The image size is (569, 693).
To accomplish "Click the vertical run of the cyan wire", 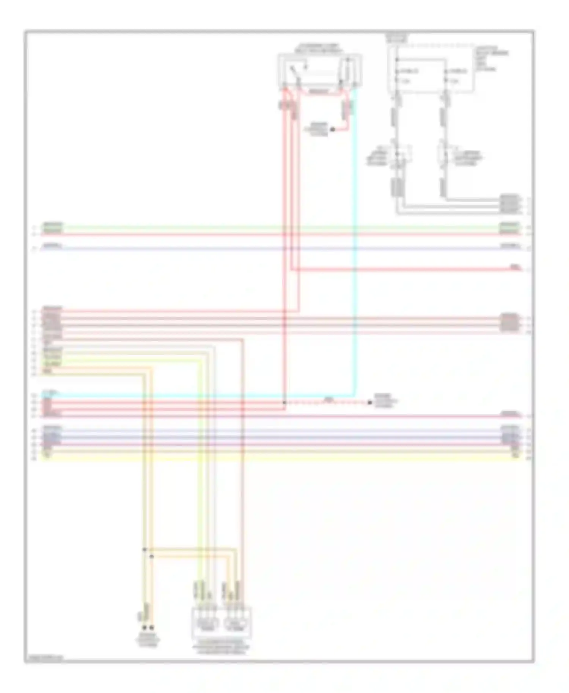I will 354,243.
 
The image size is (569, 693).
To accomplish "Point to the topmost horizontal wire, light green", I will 266,227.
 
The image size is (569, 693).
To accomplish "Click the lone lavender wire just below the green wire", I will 266,249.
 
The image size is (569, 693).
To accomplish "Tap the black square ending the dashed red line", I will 369,403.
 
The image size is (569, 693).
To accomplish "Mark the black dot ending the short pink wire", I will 332,130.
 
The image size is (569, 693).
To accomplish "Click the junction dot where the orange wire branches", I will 152,557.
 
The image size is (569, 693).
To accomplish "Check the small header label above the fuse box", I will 397,38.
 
